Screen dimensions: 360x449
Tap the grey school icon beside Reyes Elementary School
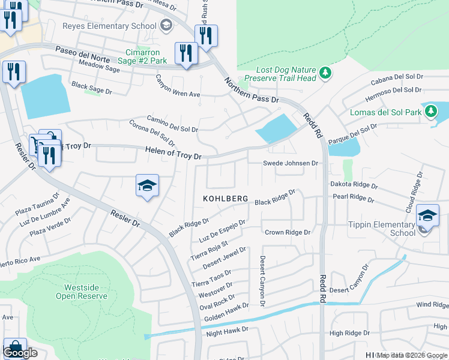166,25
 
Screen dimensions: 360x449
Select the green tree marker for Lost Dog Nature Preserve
325,73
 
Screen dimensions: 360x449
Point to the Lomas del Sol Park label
385,112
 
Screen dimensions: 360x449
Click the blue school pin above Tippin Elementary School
427,216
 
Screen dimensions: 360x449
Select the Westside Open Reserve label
82,292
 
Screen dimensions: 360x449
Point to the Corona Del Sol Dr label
151,133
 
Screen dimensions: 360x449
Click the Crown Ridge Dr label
287,232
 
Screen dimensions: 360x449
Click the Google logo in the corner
20,353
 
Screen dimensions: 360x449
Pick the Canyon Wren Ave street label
178,86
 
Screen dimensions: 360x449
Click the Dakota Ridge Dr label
353,186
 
